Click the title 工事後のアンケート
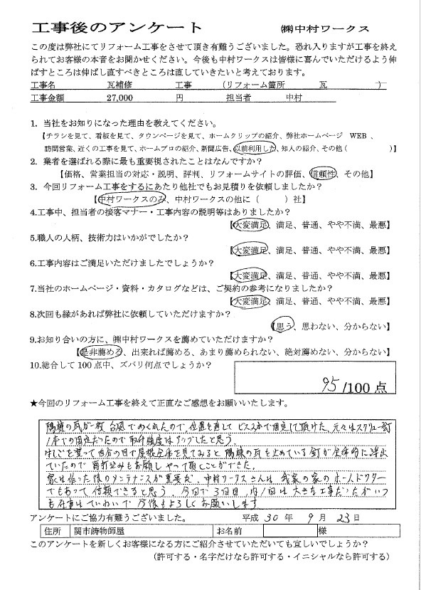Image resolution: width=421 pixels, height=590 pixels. pos(92,28)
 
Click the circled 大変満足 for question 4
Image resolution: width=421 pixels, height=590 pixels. pos(249,225)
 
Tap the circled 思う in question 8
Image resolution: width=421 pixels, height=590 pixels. pos(284,327)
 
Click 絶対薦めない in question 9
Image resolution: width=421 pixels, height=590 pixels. pos(302,352)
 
